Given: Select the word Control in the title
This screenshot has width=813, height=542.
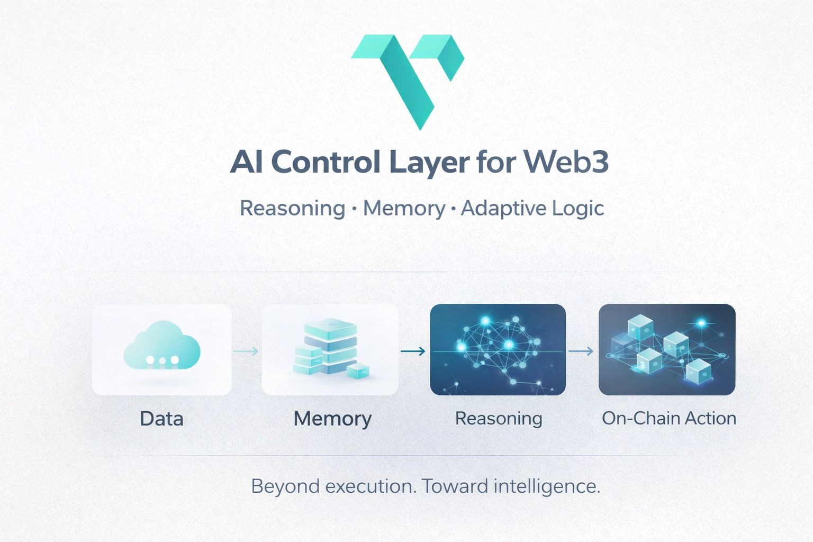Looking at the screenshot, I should click(x=326, y=162).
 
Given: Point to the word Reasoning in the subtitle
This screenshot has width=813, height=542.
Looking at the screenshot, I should click(x=292, y=208).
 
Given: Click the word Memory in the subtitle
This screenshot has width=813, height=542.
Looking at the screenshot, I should click(x=404, y=208).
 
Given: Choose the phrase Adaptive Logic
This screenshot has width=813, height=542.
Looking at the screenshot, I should click(x=532, y=208).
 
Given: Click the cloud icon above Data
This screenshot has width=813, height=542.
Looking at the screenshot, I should click(x=162, y=347).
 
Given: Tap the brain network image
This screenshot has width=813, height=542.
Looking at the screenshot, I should click(x=498, y=349).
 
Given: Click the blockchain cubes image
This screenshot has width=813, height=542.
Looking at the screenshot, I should click(x=667, y=349).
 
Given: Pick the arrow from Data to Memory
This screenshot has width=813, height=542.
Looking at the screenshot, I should click(x=246, y=351).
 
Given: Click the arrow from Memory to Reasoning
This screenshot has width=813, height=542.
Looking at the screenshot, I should click(x=413, y=351).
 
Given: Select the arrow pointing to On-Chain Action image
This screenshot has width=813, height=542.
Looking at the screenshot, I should click(x=581, y=351).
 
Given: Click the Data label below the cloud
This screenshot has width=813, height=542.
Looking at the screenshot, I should click(x=161, y=419).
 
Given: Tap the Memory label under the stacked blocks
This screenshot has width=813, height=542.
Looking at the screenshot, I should click(x=332, y=419).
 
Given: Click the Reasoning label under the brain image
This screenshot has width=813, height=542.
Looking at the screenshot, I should click(x=499, y=419).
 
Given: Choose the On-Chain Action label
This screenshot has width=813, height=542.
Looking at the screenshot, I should click(x=669, y=418).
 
